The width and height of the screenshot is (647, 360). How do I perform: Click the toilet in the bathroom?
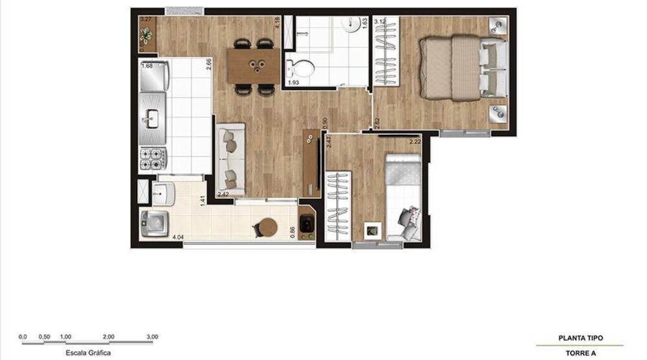(x=299, y=67)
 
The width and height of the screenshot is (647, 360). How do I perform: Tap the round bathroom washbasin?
(x=351, y=23)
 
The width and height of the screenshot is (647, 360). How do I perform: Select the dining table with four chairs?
(x=254, y=66)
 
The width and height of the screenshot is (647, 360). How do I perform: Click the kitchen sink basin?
(x=153, y=118)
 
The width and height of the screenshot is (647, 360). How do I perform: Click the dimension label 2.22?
(x=415, y=141)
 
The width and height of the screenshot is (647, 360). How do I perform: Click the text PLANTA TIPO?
(x=580, y=338)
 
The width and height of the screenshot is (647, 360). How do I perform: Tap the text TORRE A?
(x=580, y=353)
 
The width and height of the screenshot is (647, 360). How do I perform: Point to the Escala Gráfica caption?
(x=83, y=353)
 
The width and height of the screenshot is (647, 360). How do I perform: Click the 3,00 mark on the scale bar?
(x=152, y=337)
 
